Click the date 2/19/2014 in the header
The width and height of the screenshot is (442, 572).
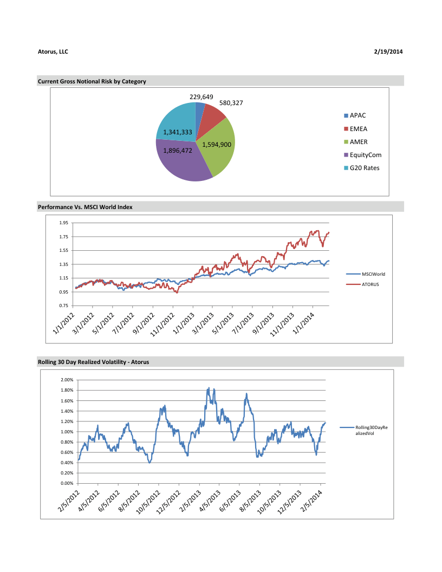click(388, 51)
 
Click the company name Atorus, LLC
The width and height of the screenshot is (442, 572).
click(53, 51)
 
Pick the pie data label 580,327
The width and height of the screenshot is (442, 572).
click(231, 102)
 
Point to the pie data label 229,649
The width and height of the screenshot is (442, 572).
click(201, 97)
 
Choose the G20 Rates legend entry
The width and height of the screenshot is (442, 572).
click(364, 168)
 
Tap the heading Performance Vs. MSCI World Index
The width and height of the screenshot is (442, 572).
click(85, 207)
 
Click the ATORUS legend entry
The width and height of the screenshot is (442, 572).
click(370, 284)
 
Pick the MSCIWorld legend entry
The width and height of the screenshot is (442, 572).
click(373, 274)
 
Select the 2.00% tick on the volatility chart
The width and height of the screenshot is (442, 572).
click(65, 380)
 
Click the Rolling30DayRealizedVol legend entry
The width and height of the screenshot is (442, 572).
click(372, 430)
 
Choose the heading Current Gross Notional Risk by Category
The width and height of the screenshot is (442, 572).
click(92, 81)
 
